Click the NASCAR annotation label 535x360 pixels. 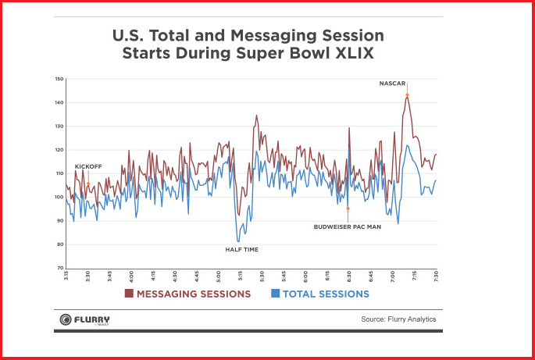pyautogui.click(x=394, y=83)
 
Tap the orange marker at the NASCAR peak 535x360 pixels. pyautogui.click(x=407, y=96)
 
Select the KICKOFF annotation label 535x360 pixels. pyautogui.click(x=88, y=166)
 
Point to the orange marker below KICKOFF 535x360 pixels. pyautogui.click(x=88, y=184)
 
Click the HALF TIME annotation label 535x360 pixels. pyautogui.click(x=241, y=249)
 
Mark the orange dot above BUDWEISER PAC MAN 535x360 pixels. pyautogui.click(x=348, y=209)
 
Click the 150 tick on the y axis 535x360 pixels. pyautogui.click(x=59, y=80)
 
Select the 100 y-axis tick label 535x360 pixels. pyautogui.click(x=59, y=197)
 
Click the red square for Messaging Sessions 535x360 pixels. pyautogui.click(x=130, y=294)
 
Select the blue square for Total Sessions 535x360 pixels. pyautogui.click(x=276, y=294)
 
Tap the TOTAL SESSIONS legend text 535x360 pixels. pyautogui.click(x=326, y=294)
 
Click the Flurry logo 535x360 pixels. pyautogui.click(x=85, y=319)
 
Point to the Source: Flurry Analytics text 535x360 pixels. pyautogui.click(x=398, y=319)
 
